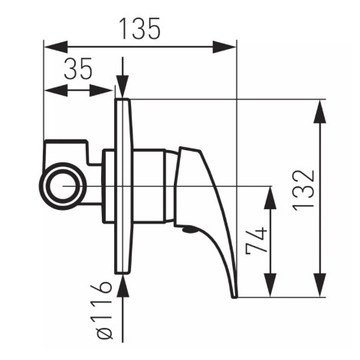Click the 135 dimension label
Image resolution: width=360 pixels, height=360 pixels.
pyautogui.click(x=140, y=28)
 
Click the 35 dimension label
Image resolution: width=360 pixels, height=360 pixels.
pyautogui.click(x=78, y=68)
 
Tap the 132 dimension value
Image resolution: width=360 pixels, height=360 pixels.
pyautogui.click(x=303, y=190)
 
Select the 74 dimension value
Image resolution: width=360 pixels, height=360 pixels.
pyautogui.click(x=257, y=241)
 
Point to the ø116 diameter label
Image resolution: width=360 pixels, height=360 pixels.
pyautogui.click(x=105, y=310)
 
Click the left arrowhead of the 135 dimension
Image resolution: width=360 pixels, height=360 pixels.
pyautogui.click(x=56, y=47)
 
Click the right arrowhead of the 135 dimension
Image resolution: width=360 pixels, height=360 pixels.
pyautogui.click(x=224, y=47)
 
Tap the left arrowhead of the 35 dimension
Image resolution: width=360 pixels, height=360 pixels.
pyautogui.click(x=56, y=90)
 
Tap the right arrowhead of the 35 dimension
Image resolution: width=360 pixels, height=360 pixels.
pyautogui.click(x=101, y=90)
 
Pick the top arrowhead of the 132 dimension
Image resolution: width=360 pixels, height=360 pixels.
pyautogui.click(x=319, y=112)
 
